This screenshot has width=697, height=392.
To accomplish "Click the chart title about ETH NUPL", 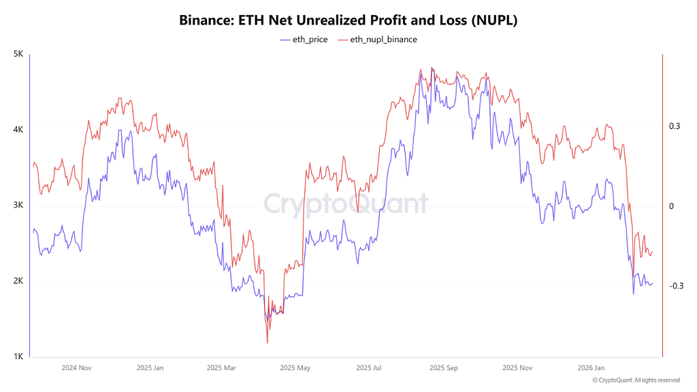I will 348,20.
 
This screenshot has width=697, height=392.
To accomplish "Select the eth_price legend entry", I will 304,39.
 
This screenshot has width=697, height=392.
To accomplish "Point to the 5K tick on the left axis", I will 19,54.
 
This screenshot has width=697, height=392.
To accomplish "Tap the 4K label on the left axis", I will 19,129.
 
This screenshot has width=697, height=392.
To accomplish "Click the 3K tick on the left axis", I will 19,206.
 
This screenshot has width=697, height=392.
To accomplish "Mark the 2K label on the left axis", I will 19,281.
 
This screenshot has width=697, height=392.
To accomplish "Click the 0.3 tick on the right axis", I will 675,127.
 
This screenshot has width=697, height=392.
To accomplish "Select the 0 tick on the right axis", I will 671,206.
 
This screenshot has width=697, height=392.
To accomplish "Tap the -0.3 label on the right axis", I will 676,286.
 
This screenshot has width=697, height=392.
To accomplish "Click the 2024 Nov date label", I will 76,367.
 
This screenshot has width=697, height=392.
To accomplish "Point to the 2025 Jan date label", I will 150,367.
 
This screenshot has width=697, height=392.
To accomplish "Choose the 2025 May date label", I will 295,367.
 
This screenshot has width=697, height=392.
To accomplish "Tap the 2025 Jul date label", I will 368,367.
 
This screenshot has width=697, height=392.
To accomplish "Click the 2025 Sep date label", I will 442,367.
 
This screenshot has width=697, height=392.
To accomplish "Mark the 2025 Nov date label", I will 517,367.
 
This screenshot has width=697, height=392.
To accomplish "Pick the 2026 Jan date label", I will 589,367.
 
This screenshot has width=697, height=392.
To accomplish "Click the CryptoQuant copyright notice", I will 636,380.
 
